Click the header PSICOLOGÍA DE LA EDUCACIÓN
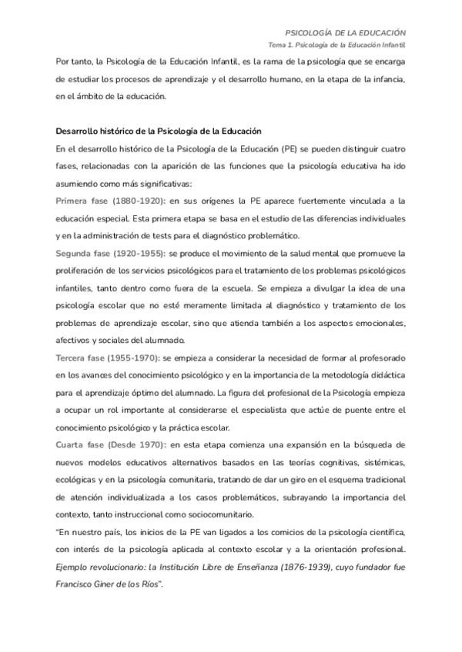click(346, 33)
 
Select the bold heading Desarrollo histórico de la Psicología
click(159, 131)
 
